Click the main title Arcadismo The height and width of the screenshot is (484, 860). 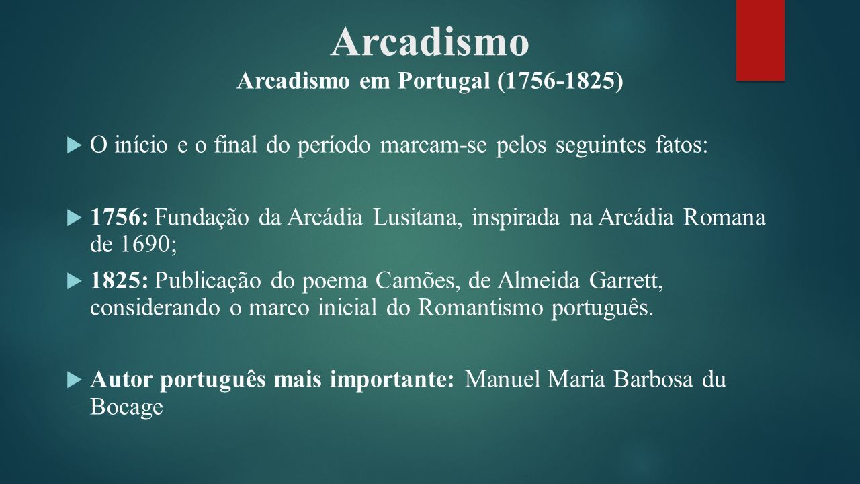pyautogui.click(x=429, y=42)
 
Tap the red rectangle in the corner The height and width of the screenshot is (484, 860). pyautogui.click(x=760, y=40)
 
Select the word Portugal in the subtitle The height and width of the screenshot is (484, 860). pyautogui.click(x=444, y=81)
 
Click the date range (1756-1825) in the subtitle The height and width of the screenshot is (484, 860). pyautogui.click(x=560, y=81)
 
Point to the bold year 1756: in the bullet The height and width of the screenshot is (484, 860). pyautogui.click(x=119, y=217)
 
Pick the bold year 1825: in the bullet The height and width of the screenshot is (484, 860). pyautogui.click(x=119, y=280)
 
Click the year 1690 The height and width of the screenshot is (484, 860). pyautogui.click(x=149, y=244)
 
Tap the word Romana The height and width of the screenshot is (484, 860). pyautogui.click(x=724, y=217)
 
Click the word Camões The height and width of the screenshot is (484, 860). pyautogui.click(x=418, y=280)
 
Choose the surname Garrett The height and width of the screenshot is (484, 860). pyautogui.click(x=626, y=280)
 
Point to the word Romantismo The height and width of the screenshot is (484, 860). pyautogui.click(x=480, y=307)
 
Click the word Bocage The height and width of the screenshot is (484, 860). pyautogui.click(x=127, y=407)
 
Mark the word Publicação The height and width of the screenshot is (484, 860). pyautogui.click(x=208, y=280)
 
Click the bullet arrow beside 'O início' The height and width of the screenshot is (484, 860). pyautogui.click(x=74, y=146)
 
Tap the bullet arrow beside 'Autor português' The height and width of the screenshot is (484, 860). pyautogui.click(x=74, y=380)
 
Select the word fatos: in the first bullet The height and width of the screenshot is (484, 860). pyautogui.click(x=681, y=145)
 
